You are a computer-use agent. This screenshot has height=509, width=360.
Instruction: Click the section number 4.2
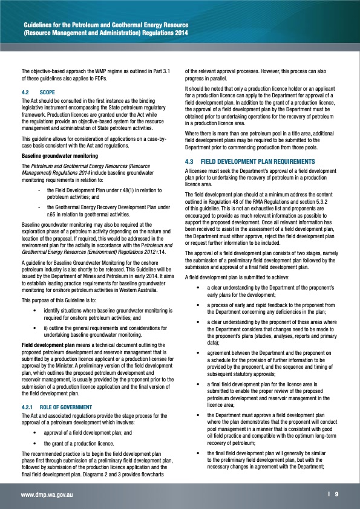coord(25,92)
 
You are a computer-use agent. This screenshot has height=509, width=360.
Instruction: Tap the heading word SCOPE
coord(47,92)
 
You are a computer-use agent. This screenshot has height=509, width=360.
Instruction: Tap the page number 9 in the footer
coord(336,494)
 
